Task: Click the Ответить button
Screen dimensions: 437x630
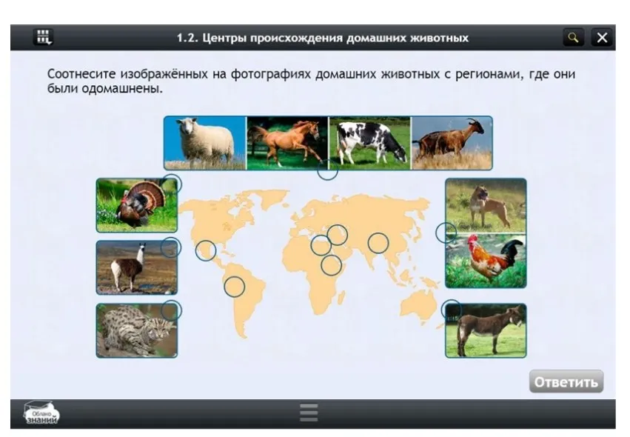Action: coord(566,381)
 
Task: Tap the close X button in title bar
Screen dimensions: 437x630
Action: coord(603,37)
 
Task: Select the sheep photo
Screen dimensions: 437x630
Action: coord(204,142)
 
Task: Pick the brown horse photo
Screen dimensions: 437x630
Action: coord(286,142)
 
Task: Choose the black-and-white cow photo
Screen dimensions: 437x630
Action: coord(369,142)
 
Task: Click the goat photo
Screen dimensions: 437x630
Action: coord(452,142)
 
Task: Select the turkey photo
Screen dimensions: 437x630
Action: coord(136,204)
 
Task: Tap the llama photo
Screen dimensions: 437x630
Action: coord(136,267)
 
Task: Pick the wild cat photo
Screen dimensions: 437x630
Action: coord(136,330)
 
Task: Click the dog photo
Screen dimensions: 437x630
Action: coord(486,205)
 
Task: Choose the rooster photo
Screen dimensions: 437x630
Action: coord(486,261)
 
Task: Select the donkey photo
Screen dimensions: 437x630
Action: coord(486,330)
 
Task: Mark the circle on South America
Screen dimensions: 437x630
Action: coord(235,287)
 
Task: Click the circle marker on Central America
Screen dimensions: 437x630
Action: coord(206,251)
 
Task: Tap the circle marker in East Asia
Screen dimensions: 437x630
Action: coord(378,242)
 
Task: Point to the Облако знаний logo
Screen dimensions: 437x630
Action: coord(41,413)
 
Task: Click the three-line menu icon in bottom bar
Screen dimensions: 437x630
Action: coord(309,413)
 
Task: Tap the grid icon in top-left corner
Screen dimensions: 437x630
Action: coord(44,37)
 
